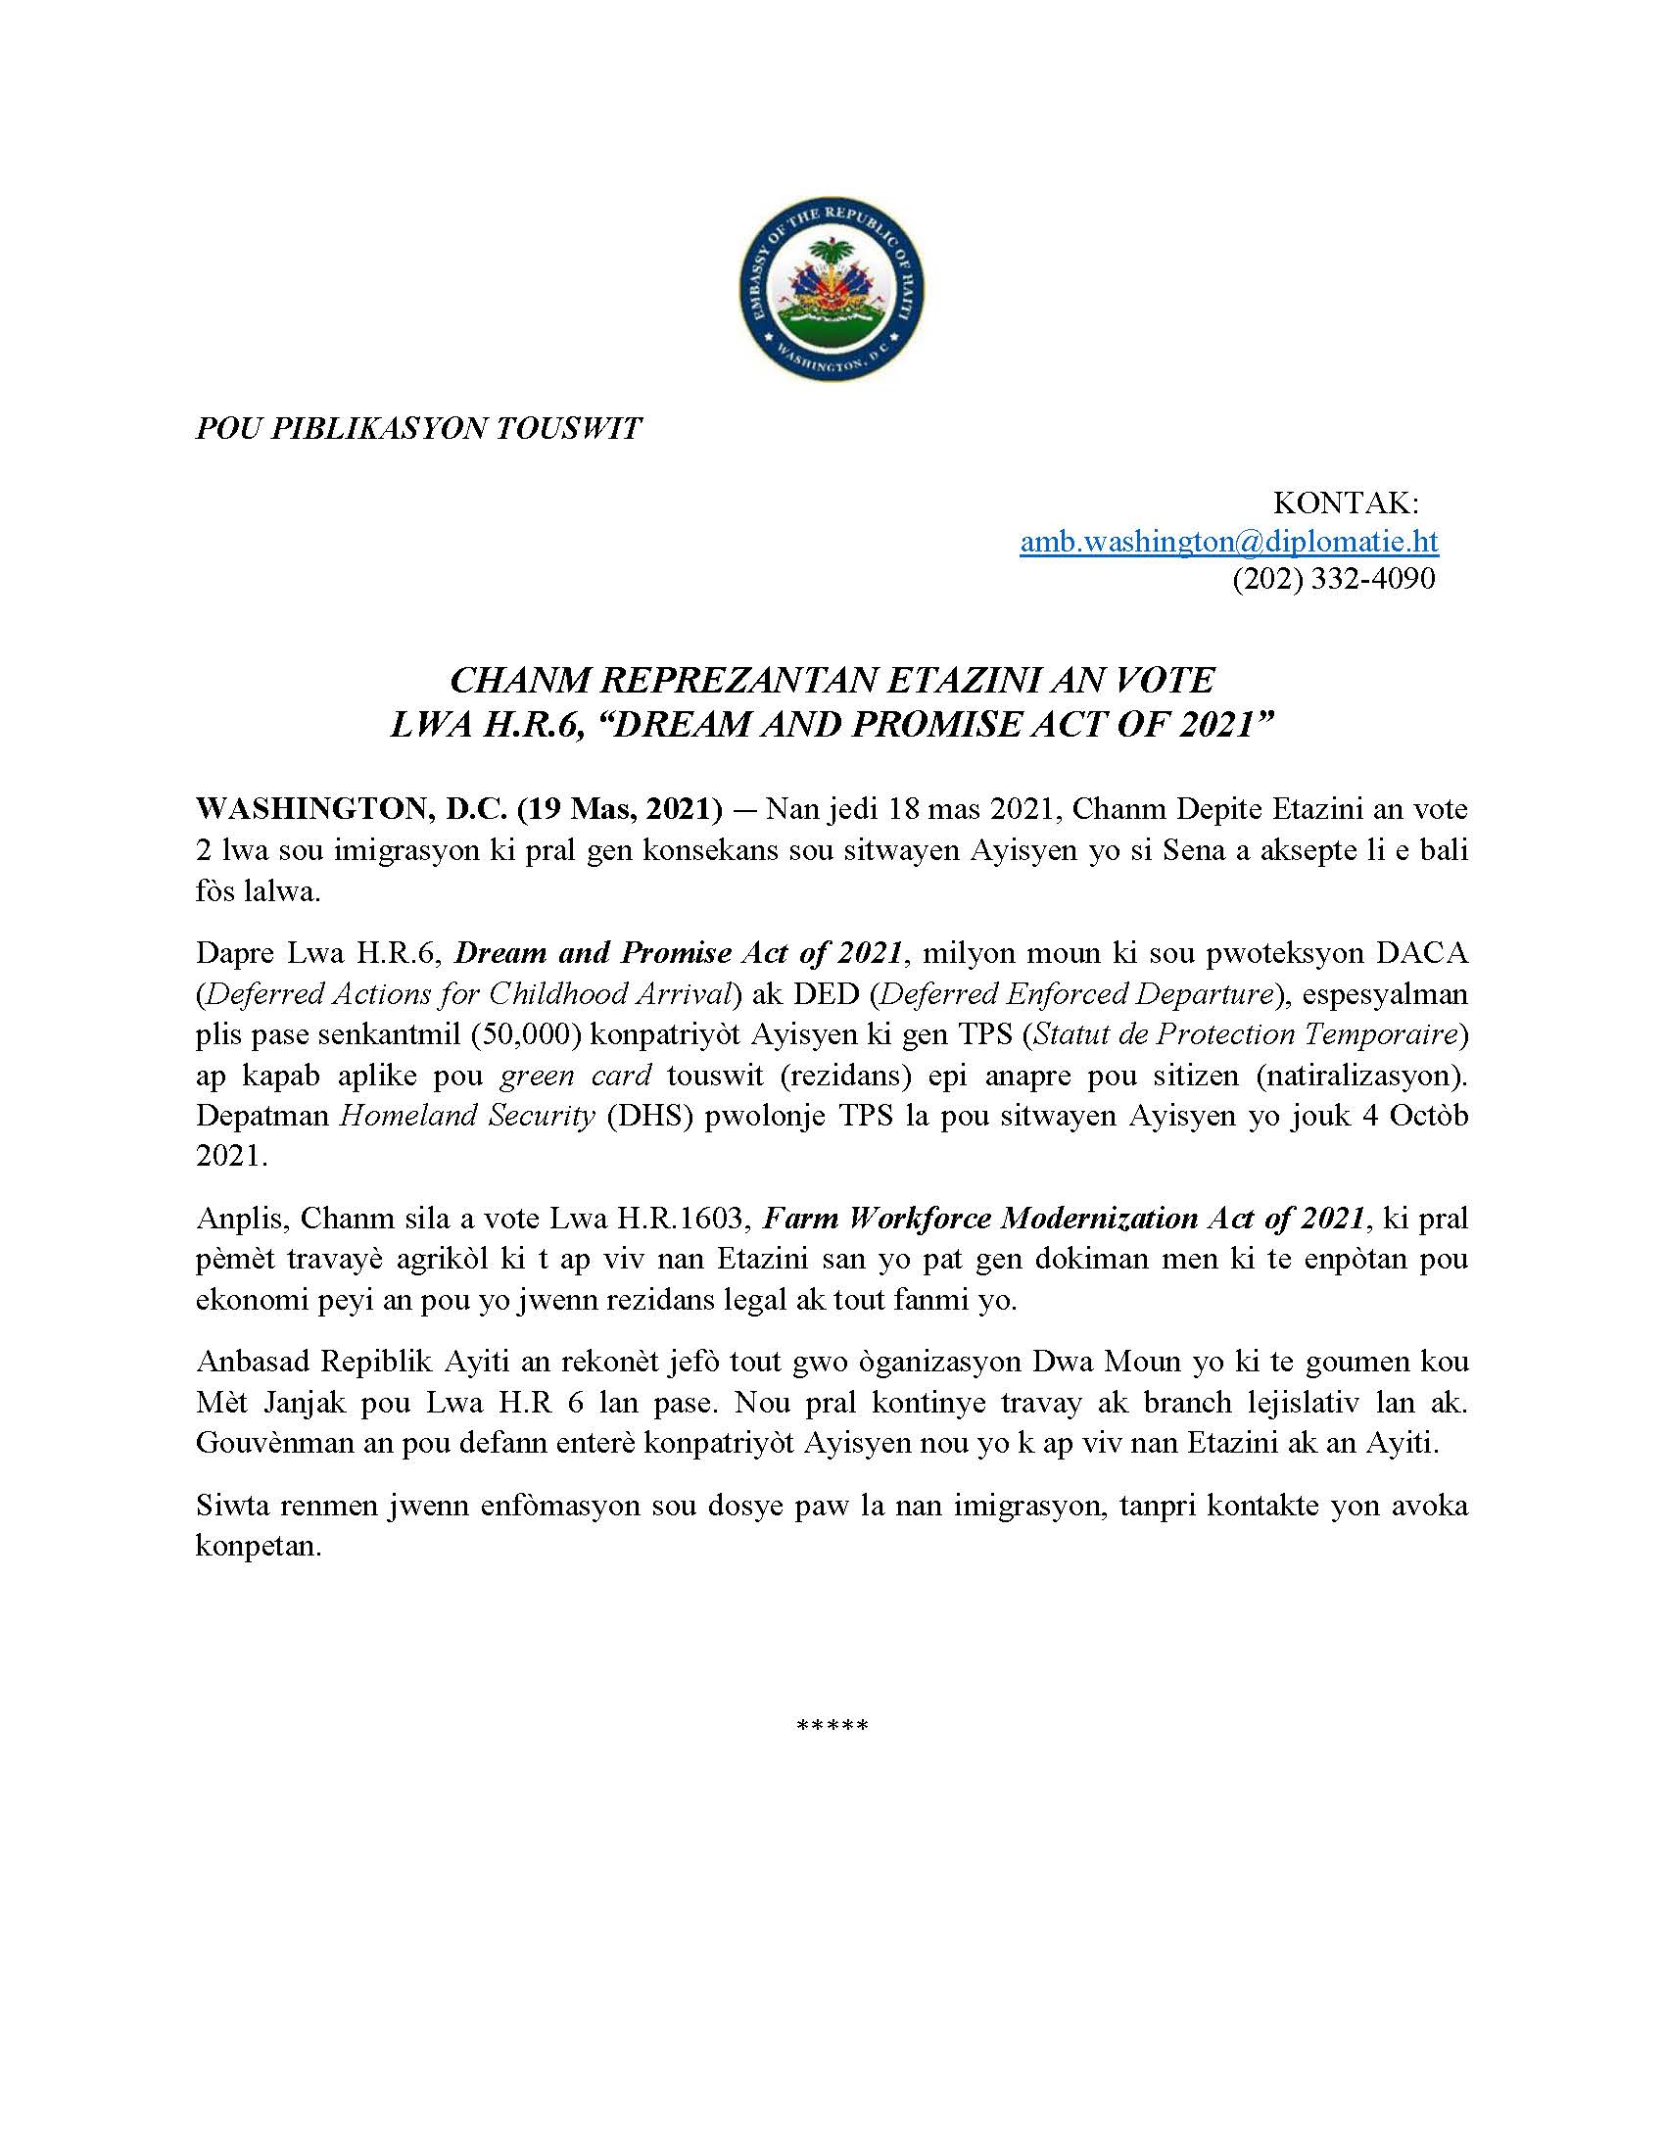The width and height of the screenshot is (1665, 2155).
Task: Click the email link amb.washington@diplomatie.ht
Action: [x=1228, y=541]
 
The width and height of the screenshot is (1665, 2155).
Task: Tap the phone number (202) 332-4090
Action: [x=1334, y=578]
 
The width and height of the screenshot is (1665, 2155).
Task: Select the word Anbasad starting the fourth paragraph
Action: [x=252, y=1362]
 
